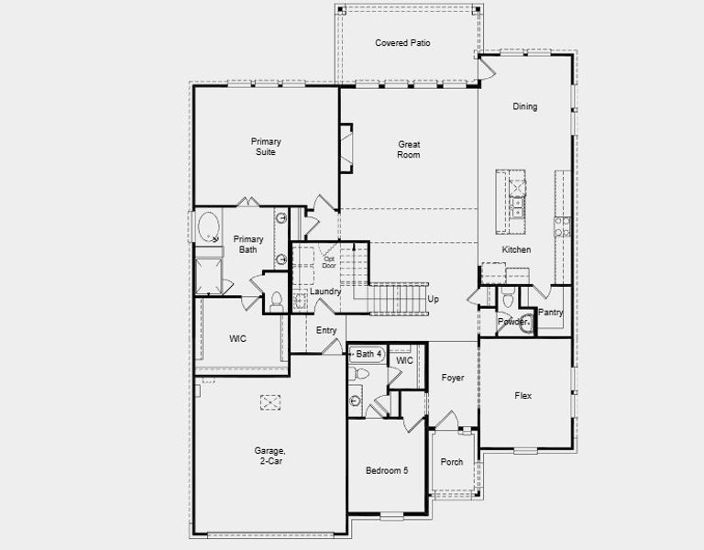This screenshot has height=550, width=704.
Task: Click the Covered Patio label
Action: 402,43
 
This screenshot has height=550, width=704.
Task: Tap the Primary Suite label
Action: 266,147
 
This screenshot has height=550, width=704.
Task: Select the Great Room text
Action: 408,149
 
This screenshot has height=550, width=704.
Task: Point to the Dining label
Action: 525,106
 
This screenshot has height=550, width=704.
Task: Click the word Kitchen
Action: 516,249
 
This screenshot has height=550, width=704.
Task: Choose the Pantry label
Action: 551,313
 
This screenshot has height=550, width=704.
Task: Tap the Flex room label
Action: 523,396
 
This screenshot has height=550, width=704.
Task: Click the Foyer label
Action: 452,378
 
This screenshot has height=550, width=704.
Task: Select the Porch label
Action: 451,462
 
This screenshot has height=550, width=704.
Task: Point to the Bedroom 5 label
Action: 387,470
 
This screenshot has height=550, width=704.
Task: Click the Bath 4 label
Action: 368,354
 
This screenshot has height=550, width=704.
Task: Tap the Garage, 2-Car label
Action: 269,456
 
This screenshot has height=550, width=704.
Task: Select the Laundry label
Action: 325,291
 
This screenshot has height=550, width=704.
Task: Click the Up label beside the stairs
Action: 433,299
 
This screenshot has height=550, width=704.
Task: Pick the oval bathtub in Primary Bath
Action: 209,226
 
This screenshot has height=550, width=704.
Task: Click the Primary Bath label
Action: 247,244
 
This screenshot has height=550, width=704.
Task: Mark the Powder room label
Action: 511,322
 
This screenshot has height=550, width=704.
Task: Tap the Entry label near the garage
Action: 326,330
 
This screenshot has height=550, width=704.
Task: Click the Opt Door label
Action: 329,261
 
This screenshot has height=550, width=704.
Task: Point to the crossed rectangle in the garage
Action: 270,401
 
